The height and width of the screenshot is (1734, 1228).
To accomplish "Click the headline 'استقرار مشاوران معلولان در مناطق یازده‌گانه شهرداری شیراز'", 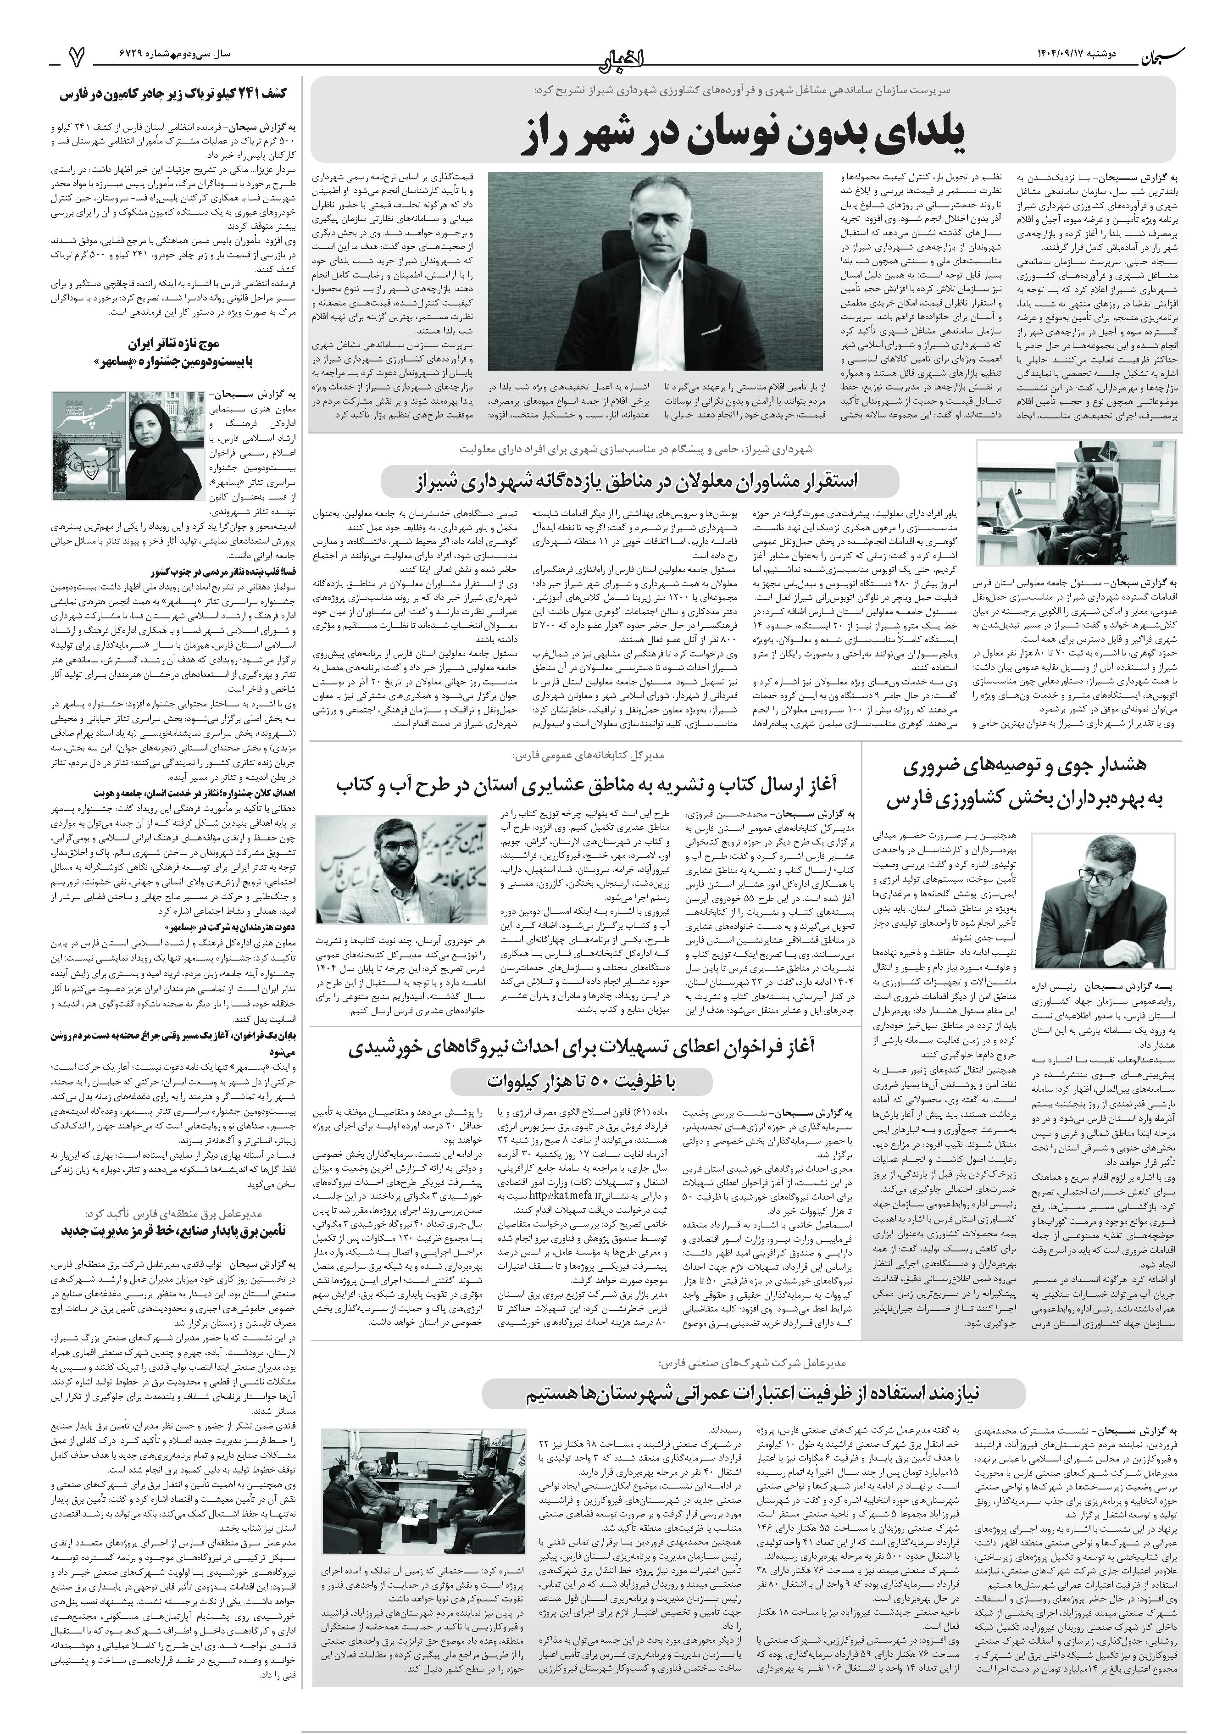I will [x=640, y=481].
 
